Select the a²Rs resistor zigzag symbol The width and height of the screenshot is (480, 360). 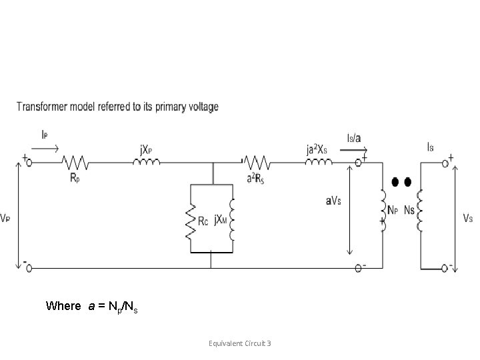coord(256,161)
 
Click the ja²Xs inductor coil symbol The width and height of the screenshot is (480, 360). coord(319,161)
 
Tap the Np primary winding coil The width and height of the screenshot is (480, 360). coord(382,206)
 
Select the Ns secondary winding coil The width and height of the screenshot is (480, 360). coord(420,206)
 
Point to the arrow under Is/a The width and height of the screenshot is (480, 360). coord(350,151)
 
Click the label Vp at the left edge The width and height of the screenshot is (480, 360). coord(5,218)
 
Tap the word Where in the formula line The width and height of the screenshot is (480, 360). coord(64,306)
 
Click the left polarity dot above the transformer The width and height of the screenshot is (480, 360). coord(395,182)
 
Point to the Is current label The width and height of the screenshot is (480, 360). coord(430,146)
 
